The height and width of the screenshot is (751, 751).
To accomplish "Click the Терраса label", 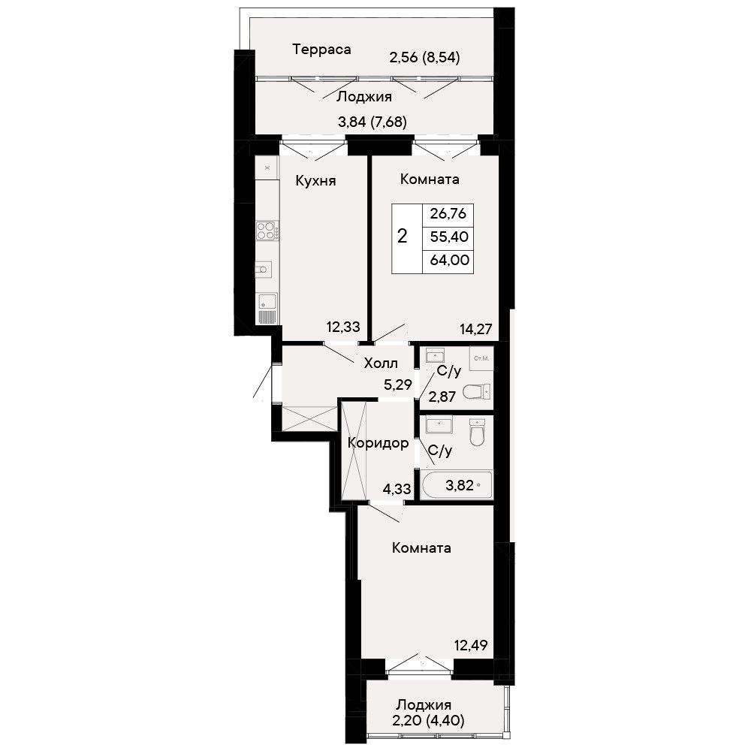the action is (321, 50).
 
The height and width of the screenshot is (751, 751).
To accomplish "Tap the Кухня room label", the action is (315, 181).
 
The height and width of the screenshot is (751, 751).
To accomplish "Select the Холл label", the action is (381, 363).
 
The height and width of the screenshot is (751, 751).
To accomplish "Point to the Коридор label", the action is (378, 444).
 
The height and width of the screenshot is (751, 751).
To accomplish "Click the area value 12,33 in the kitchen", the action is (343, 327).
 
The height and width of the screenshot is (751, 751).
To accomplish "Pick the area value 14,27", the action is (475, 329).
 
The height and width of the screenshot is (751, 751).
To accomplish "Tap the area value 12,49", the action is (471, 645).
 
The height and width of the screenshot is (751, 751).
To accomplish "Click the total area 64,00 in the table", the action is (449, 260).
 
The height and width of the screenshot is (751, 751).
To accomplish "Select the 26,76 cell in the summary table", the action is (448, 213).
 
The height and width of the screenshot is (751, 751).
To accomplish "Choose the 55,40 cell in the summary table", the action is (449, 237).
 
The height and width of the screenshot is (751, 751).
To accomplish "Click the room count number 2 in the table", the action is (403, 236).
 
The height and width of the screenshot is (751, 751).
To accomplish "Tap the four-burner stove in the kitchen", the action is (267, 231).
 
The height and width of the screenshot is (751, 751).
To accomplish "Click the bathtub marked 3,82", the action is (457, 484).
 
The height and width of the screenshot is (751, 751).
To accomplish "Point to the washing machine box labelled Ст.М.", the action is (481, 359).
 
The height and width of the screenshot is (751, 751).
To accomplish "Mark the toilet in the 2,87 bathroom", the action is (477, 391).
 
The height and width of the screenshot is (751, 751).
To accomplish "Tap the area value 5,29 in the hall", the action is (398, 385).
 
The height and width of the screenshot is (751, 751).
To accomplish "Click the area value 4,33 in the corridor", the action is (397, 489).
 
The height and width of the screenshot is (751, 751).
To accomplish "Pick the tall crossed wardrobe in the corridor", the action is (354, 450).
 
